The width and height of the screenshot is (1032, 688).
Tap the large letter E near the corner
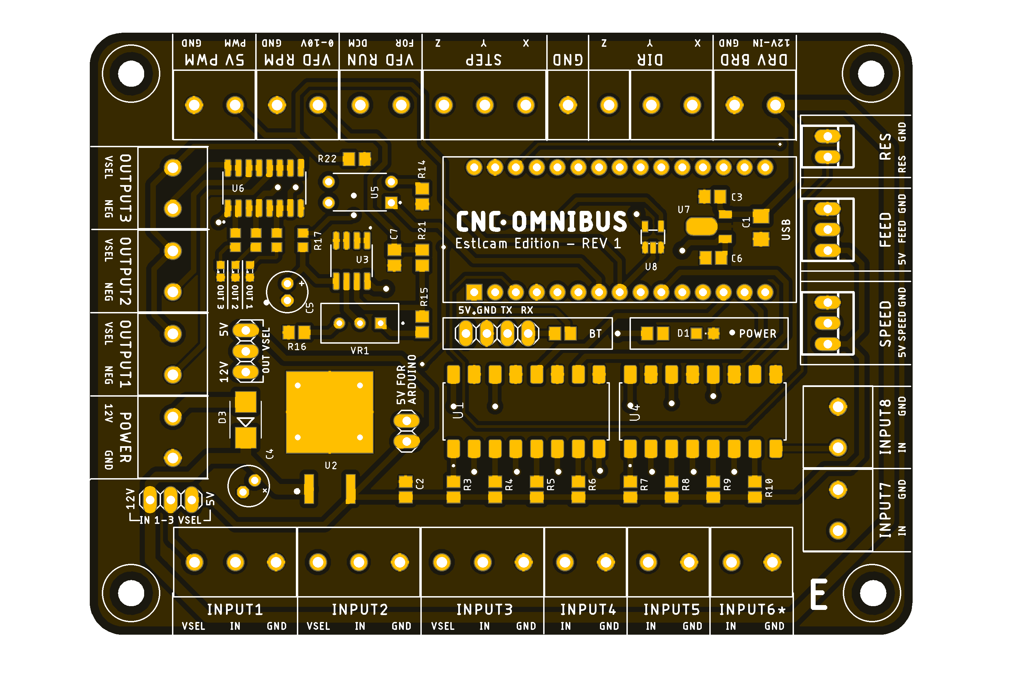[x=818, y=594]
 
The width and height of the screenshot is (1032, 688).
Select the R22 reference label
[x=327, y=159]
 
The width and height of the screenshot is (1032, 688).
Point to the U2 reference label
[x=331, y=465]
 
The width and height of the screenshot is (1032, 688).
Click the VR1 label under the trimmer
[x=359, y=351]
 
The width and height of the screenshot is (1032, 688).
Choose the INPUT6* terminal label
[x=752, y=610]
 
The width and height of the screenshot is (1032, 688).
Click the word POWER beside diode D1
[x=757, y=334]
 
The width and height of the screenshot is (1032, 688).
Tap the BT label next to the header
[x=595, y=334]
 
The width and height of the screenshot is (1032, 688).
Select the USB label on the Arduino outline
[x=786, y=229]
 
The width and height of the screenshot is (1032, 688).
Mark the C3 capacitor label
[x=737, y=197]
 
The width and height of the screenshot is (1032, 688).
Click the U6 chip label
[x=238, y=189]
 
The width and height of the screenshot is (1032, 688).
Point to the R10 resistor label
[x=769, y=487]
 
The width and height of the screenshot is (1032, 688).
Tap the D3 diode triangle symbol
[x=245, y=422]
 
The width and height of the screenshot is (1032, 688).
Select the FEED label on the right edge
[x=885, y=229]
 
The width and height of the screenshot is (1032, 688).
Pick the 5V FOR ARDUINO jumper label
[x=406, y=379]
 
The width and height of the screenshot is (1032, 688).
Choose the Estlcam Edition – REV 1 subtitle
[x=538, y=244]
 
